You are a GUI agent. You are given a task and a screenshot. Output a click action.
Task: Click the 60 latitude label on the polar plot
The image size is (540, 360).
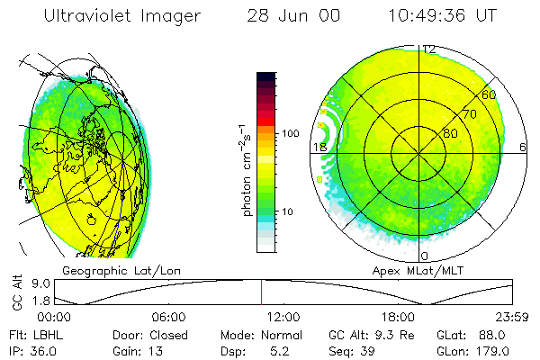click(489, 94)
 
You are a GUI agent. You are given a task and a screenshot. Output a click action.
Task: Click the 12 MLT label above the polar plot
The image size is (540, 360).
click(429, 49)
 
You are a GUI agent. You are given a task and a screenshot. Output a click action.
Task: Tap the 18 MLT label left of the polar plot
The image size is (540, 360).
click(319, 147)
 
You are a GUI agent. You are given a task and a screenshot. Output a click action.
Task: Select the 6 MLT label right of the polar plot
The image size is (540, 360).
click(523, 147)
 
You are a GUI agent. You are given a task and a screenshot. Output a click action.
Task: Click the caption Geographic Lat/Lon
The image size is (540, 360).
click(104, 270)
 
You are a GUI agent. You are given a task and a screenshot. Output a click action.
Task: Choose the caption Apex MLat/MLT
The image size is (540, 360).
click(410, 270)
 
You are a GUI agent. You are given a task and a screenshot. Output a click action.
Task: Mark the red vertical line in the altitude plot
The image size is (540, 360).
click(262, 292)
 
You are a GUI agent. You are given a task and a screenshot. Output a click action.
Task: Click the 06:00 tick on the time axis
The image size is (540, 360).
click(168, 317)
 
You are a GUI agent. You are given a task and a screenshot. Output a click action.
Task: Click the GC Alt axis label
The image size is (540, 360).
click(15, 292)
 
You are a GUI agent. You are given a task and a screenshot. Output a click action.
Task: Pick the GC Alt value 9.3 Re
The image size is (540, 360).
click(390, 335)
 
